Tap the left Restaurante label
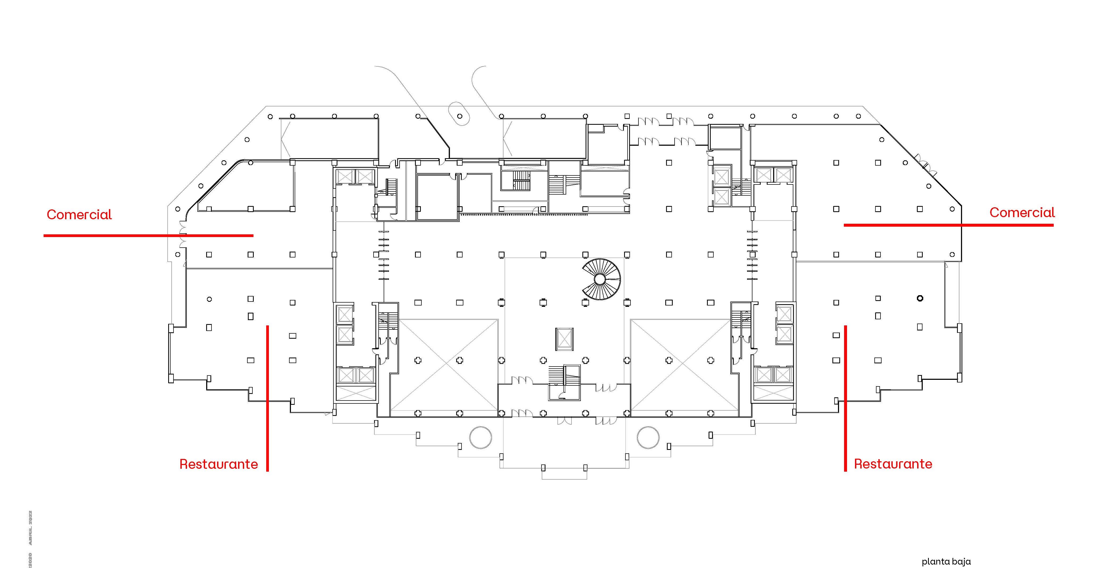point(218,464)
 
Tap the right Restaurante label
point(893,464)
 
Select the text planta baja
point(946,561)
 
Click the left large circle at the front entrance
point(480,437)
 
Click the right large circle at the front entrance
point(648,437)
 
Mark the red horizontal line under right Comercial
point(948,225)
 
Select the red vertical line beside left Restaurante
point(267,399)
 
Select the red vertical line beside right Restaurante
point(845,399)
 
